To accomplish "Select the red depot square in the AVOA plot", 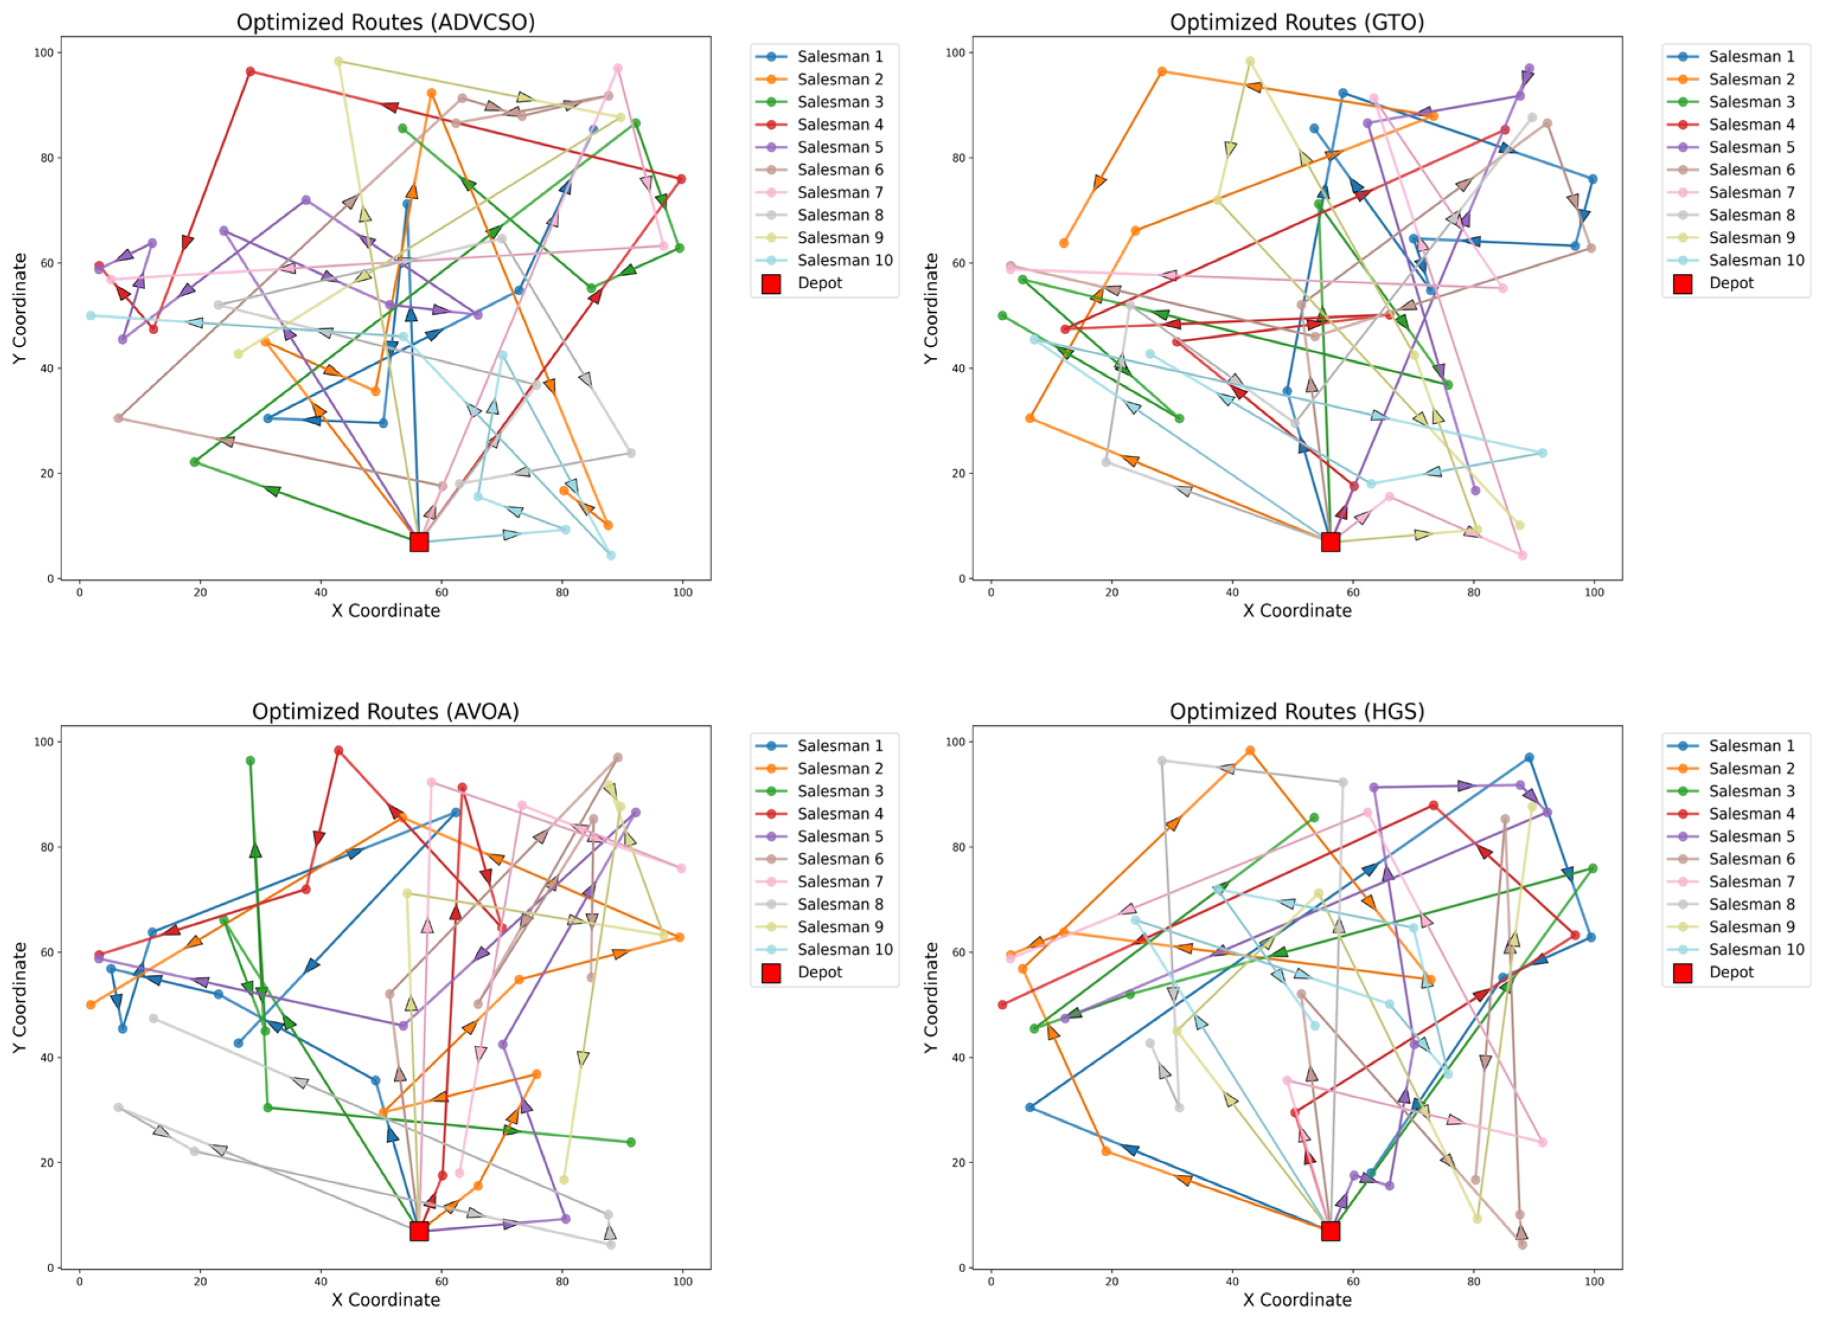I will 418,1231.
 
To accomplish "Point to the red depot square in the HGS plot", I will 1330,1231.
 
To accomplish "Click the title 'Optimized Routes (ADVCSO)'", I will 385,22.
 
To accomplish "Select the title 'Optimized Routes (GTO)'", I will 1296,22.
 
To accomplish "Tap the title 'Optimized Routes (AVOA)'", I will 385,711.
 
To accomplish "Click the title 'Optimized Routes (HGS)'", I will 1296,711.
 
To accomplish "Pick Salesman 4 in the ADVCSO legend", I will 839,124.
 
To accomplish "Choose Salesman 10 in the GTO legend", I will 1756,261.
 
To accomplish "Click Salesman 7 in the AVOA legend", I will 839,882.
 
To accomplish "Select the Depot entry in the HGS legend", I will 1731,972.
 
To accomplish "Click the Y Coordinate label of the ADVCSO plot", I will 20,308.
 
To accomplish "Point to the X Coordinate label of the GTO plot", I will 1296,611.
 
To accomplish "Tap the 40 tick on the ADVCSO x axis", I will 320,593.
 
